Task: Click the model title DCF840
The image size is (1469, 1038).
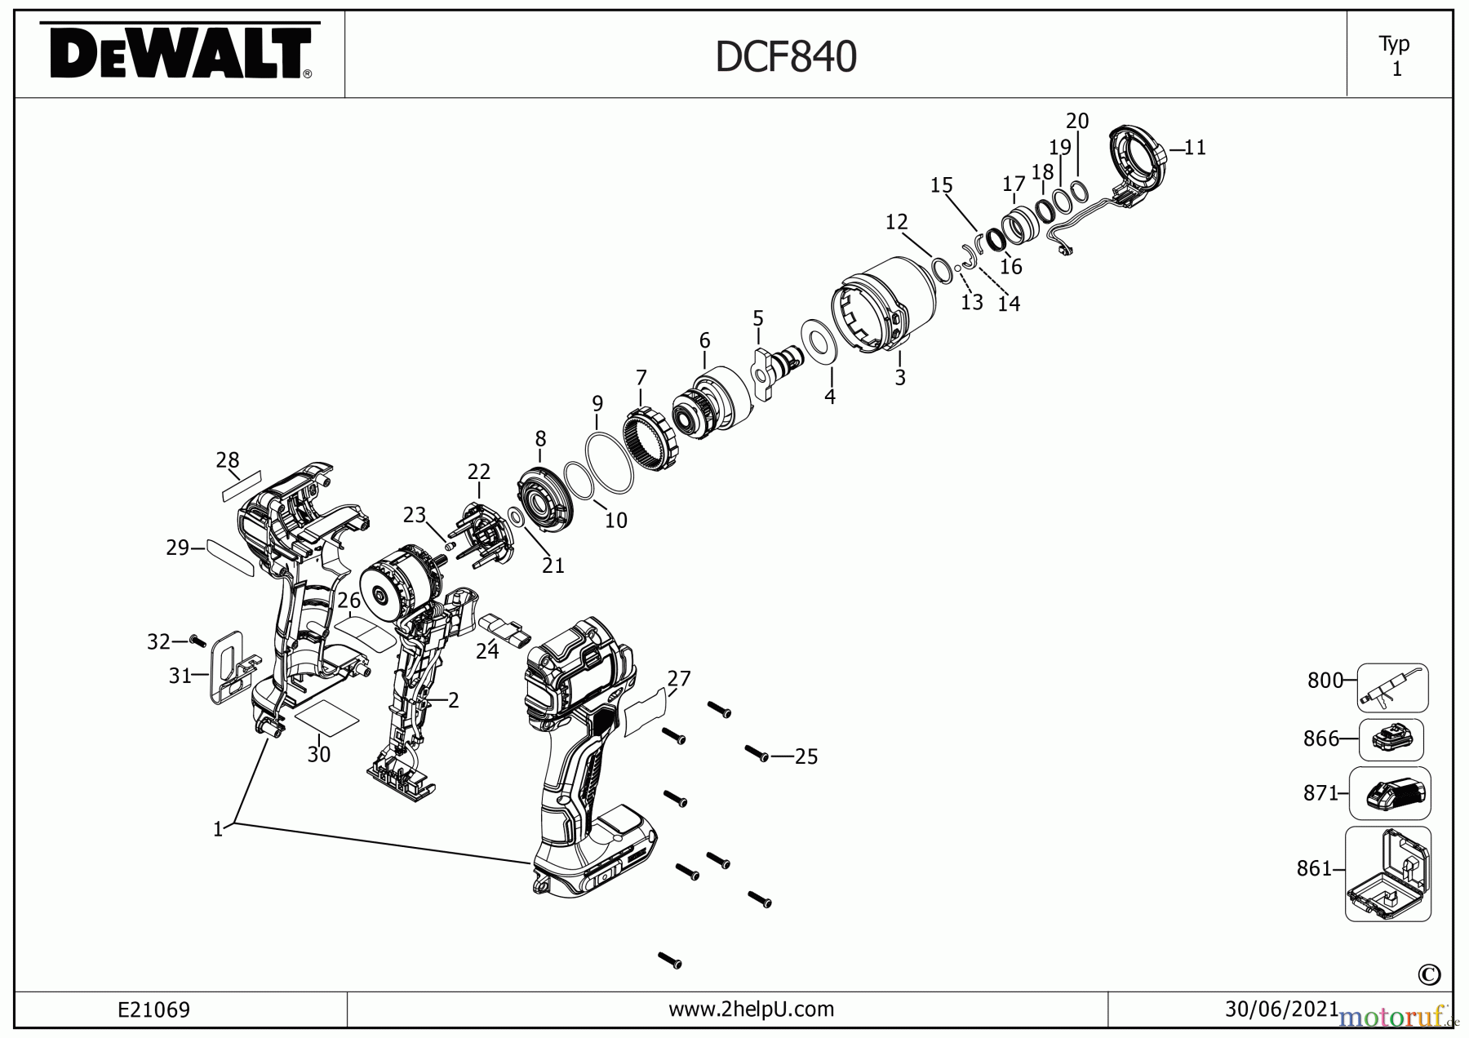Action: pos(785,57)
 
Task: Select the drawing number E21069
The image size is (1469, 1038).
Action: pos(153,1010)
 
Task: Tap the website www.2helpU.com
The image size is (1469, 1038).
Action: pos(751,1009)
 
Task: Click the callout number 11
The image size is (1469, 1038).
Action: pos(1195,148)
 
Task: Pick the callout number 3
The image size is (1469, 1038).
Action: pos(900,377)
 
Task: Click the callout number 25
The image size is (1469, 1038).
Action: pos(806,756)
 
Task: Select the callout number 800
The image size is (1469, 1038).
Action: pos(1325,680)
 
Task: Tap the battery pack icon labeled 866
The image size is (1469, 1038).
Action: pos(1391,739)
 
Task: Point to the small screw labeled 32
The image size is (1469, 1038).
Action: pos(196,641)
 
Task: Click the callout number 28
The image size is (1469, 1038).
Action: pos(228,460)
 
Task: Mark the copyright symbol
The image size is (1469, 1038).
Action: pos(1429,974)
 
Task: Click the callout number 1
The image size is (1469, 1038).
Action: pos(218,830)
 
